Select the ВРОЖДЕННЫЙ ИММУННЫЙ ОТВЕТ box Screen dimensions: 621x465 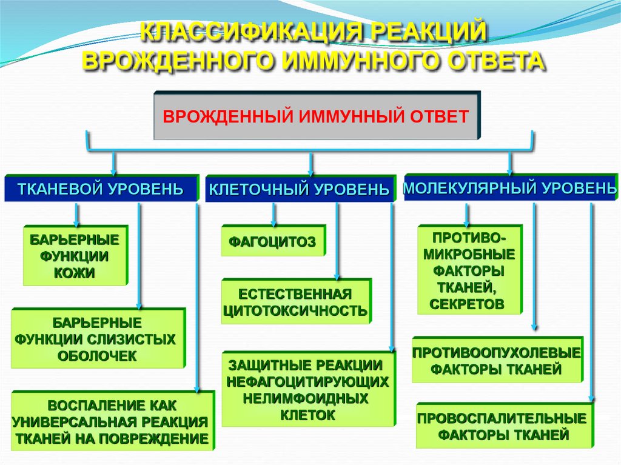point(316,116)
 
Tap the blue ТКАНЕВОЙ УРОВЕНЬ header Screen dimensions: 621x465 point(101,189)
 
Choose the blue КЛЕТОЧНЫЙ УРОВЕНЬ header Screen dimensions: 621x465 point(299,190)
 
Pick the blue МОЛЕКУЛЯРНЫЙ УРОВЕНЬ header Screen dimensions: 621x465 point(509,188)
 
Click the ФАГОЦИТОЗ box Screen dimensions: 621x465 point(272,241)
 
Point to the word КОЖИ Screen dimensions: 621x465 point(75,273)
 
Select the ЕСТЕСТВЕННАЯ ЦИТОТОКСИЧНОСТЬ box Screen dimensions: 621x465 point(295,303)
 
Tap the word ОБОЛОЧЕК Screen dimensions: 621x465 point(97,356)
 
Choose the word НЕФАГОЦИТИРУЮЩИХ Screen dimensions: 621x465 point(307,382)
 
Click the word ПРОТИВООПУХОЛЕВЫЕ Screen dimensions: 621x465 point(497,352)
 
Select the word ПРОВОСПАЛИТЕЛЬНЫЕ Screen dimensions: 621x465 point(502,418)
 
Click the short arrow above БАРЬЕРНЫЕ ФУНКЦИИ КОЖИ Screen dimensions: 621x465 point(76,214)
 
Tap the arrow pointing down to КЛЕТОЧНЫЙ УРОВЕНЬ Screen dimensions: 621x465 point(311,164)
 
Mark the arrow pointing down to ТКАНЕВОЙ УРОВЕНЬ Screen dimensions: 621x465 point(114,163)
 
